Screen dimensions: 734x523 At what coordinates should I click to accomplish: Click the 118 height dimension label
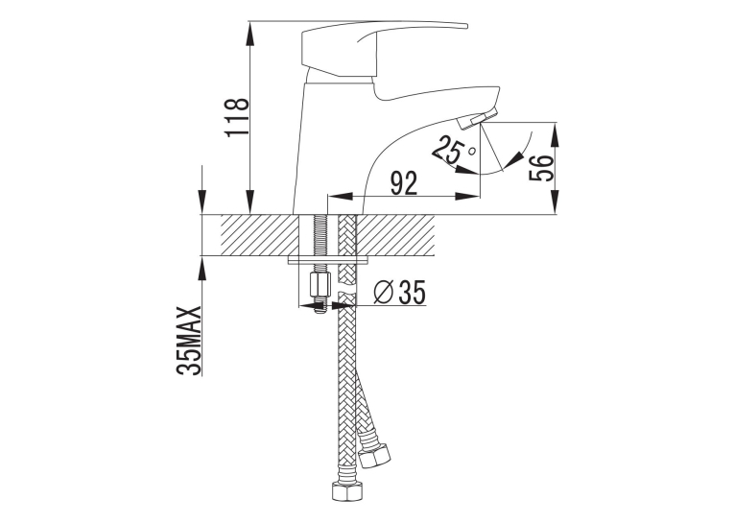tap(237, 118)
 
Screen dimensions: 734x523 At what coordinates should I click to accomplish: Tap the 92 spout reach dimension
tap(404, 183)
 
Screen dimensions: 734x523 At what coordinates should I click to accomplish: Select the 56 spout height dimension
tap(541, 168)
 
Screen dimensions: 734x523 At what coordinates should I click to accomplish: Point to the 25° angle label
tap(451, 151)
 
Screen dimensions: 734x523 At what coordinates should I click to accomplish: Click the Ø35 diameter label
tap(399, 293)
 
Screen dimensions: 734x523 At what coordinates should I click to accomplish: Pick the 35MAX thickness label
tap(189, 341)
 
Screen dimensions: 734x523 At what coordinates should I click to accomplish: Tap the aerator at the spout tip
tap(478, 118)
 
